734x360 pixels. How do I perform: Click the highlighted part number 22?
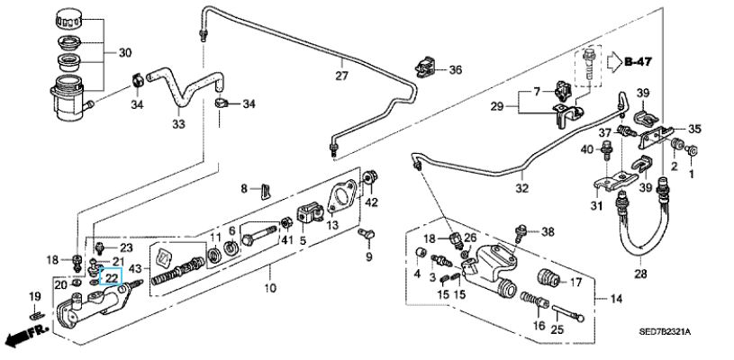pyautogui.click(x=112, y=277)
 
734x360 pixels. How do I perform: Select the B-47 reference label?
pyautogui.click(x=638, y=61)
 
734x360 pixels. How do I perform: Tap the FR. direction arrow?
pyautogui.click(x=27, y=335)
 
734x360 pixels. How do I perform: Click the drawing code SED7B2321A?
pyautogui.click(x=666, y=332)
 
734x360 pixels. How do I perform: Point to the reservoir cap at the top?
pyautogui.click(x=68, y=19)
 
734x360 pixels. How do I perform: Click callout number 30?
pyautogui.click(x=125, y=53)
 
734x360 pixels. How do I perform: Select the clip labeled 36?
pyautogui.click(x=425, y=67)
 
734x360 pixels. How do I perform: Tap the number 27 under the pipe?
pyautogui.click(x=341, y=76)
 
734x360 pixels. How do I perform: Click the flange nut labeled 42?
pyautogui.click(x=370, y=177)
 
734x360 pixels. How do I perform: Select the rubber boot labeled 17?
pyautogui.click(x=547, y=278)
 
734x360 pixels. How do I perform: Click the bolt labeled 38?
pyautogui.click(x=520, y=233)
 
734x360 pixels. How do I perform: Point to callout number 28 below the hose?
pyautogui.click(x=640, y=274)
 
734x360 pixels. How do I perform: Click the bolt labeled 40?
pyautogui.click(x=607, y=150)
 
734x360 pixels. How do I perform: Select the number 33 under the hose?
pyautogui.click(x=179, y=124)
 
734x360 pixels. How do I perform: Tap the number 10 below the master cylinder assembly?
pyautogui.click(x=269, y=287)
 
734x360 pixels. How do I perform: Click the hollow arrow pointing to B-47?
pyautogui.click(x=613, y=61)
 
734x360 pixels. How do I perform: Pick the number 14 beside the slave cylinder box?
pyautogui.click(x=616, y=299)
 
